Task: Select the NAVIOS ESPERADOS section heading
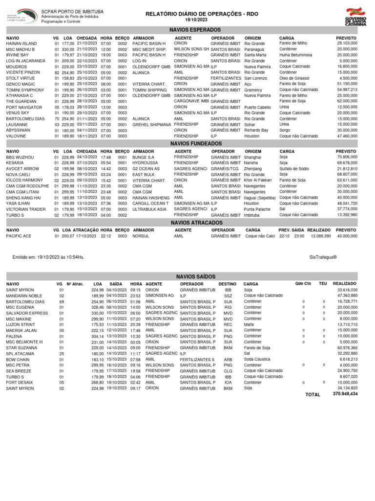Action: (188, 30)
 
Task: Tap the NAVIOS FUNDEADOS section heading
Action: (188, 144)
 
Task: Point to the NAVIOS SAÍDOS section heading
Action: (188, 276)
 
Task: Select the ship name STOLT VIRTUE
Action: (20, 78)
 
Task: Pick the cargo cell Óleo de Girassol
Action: (295, 78)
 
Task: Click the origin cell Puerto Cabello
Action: (257, 107)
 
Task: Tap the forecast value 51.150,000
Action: (347, 84)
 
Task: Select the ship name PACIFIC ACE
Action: (19, 236)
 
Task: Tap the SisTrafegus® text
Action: (323, 256)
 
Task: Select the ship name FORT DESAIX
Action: (20, 382)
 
